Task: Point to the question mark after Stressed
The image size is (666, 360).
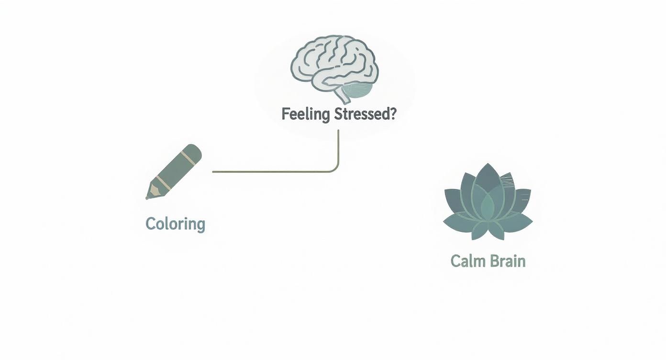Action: tap(393, 114)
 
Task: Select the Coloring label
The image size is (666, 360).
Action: tap(175, 224)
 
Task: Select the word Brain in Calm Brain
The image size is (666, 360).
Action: tap(507, 261)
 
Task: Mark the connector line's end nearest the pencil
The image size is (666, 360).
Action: tap(213, 171)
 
